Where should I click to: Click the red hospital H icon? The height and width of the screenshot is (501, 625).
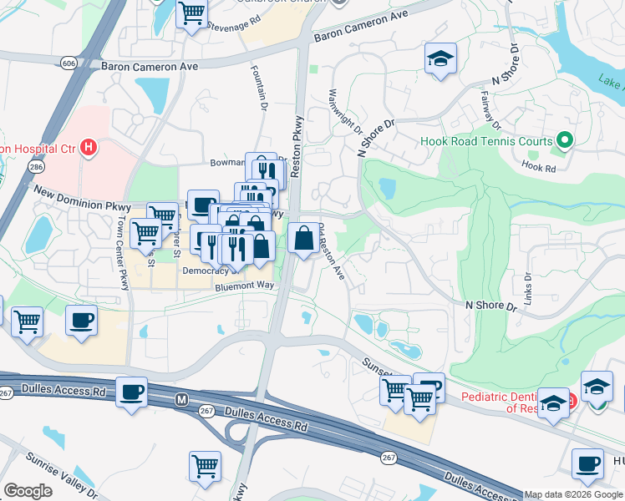point(89,149)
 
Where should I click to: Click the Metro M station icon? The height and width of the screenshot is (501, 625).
point(180,401)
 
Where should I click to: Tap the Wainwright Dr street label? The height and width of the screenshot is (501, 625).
point(346,112)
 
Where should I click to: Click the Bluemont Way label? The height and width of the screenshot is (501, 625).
point(245,286)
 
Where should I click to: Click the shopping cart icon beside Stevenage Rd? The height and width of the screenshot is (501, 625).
point(192,14)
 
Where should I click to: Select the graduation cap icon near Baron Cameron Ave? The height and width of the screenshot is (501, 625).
point(440,59)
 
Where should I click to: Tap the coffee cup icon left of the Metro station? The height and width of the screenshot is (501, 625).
point(131,392)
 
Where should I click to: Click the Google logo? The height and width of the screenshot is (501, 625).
point(28,491)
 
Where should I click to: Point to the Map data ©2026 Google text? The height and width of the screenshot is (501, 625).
point(573,494)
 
